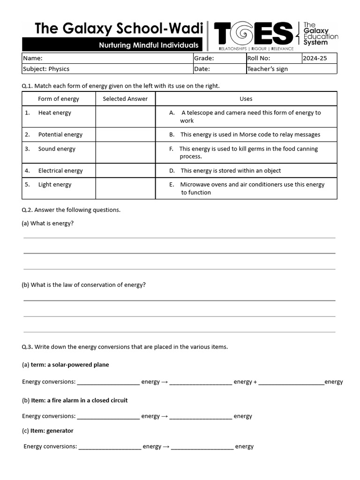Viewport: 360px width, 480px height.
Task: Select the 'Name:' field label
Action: click(x=33, y=59)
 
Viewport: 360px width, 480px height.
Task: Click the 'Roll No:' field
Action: click(x=259, y=59)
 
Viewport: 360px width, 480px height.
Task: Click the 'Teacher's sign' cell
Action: click(x=267, y=69)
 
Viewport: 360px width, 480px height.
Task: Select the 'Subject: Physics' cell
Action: click(x=46, y=69)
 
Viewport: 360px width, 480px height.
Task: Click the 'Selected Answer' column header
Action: click(x=125, y=99)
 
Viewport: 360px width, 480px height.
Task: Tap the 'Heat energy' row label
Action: click(x=55, y=113)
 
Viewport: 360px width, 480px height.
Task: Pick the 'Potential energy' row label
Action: click(x=60, y=135)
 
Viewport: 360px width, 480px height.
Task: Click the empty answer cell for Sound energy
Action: click(x=125, y=152)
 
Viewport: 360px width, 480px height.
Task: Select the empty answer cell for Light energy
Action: click(x=125, y=188)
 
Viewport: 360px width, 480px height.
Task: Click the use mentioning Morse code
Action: click(x=250, y=135)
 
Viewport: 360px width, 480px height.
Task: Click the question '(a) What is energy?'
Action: click(x=48, y=224)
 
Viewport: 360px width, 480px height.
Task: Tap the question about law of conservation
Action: click(x=84, y=285)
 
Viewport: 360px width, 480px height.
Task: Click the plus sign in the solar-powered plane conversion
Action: click(x=255, y=382)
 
